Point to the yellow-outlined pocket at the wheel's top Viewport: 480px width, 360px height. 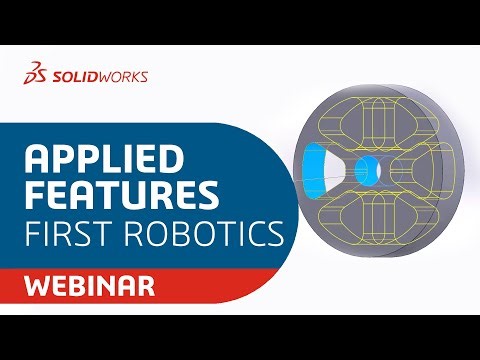[374, 118]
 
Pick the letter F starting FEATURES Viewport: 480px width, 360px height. [33, 196]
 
